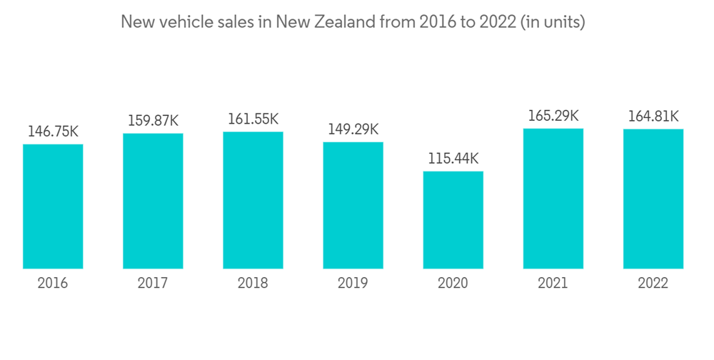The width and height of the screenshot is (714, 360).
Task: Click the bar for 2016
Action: (53, 206)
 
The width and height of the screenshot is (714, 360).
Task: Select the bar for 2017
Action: (153, 201)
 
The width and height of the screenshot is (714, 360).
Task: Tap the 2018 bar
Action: (253, 200)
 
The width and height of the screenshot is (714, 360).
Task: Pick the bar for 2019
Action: (353, 205)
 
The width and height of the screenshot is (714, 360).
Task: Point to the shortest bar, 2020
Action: (453, 220)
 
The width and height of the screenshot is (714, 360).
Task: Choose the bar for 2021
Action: (553, 199)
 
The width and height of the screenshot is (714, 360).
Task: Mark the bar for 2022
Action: (653, 199)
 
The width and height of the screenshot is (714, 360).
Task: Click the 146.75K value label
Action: (53, 131)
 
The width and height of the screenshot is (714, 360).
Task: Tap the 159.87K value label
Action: (153, 121)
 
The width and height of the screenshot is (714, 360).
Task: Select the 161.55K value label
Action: (253, 119)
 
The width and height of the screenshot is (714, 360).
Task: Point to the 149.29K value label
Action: (353, 129)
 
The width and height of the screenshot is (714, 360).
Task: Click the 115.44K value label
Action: (453, 159)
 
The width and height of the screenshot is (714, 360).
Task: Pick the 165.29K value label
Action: (553, 116)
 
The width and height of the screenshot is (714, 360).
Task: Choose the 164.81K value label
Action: (653, 116)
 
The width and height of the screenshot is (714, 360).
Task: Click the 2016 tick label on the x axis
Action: (53, 284)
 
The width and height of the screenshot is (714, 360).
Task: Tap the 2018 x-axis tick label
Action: (253, 284)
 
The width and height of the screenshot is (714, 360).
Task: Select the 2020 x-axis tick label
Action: (453, 284)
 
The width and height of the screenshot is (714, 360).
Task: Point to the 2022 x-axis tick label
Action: (653, 284)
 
